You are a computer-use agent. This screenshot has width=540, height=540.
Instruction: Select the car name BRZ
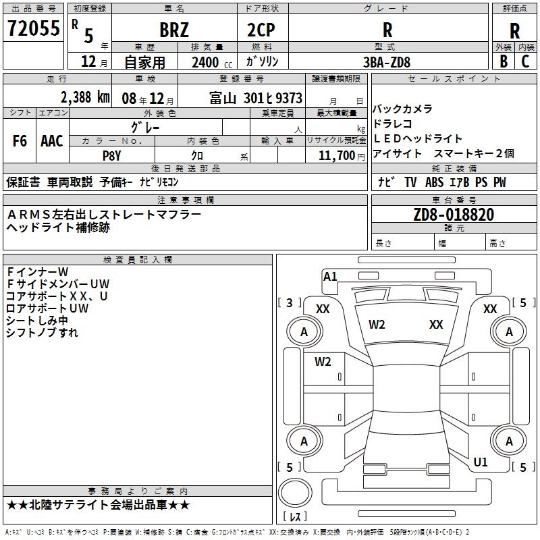pyautogui.click(x=173, y=30)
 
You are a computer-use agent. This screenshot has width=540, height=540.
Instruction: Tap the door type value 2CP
pyautogui.click(x=262, y=30)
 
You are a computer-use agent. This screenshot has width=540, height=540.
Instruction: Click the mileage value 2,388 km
pyautogui.click(x=84, y=97)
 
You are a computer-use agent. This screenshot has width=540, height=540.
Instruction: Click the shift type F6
pyautogui.click(x=20, y=141)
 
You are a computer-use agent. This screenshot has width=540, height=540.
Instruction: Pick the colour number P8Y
pyautogui.click(x=111, y=155)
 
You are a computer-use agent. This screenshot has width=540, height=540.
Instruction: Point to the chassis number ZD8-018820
pyautogui.click(x=454, y=215)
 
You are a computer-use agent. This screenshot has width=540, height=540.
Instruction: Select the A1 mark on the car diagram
pyautogui.click(x=330, y=277)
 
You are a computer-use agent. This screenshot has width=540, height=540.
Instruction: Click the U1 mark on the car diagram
pyautogui.click(x=481, y=462)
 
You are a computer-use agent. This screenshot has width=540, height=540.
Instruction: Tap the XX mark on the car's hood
pyautogui.click(x=436, y=325)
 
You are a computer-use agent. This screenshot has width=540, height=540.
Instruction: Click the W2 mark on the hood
pyautogui.click(x=377, y=325)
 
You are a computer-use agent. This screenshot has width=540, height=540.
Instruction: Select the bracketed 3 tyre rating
pyautogui.click(x=290, y=303)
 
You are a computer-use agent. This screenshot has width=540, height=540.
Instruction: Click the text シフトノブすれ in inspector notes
pyautogui.click(x=42, y=333)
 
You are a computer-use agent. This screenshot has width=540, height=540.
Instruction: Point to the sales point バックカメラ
pyautogui.click(x=402, y=109)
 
